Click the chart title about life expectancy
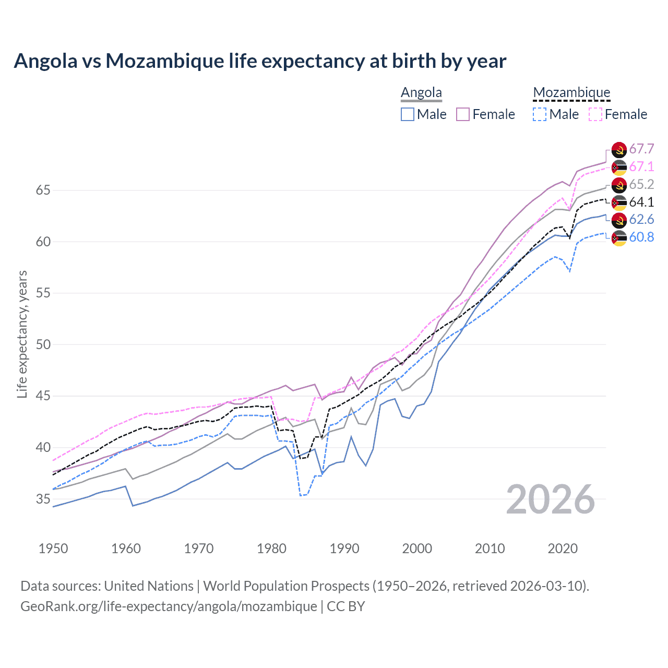pos(260,61)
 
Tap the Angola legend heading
pos(421,93)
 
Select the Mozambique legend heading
pos(571,93)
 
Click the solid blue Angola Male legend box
pos(408,114)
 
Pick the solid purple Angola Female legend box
pos(463,114)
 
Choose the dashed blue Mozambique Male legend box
pos(540,114)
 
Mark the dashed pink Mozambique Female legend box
pos(595,114)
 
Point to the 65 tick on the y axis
pos(43,190)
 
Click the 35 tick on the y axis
pos(43,499)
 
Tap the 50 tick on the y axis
pos(43,345)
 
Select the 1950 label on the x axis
pos(53,548)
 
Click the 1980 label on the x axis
pos(271,548)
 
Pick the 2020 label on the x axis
pos(563,548)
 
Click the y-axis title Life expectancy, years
pos(22,334)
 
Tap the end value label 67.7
pos(641,149)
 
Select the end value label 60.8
pos(641,237)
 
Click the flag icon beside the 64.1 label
pos(619,202)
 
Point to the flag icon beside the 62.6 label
pos(619,220)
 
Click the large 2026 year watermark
pos(551,499)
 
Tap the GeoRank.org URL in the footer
pos(169,606)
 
